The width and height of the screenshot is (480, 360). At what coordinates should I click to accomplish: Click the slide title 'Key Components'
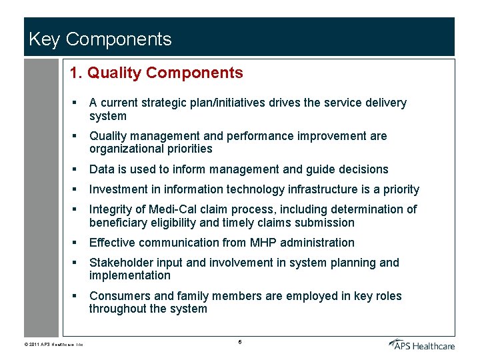[100, 39]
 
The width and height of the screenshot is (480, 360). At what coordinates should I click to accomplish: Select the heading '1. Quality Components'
[157, 73]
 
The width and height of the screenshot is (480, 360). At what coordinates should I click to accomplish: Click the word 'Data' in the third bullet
[102, 169]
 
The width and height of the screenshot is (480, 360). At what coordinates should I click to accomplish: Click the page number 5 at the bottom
[239, 342]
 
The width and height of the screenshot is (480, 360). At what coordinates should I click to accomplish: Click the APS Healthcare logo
[421, 343]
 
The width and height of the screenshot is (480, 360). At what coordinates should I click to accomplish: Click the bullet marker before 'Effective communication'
[75, 243]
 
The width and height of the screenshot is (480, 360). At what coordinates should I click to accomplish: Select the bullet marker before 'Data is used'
[75, 169]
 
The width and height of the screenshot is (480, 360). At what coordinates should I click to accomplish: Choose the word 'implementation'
[130, 275]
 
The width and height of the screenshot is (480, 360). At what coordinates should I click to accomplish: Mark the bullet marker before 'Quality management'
[75, 136]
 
